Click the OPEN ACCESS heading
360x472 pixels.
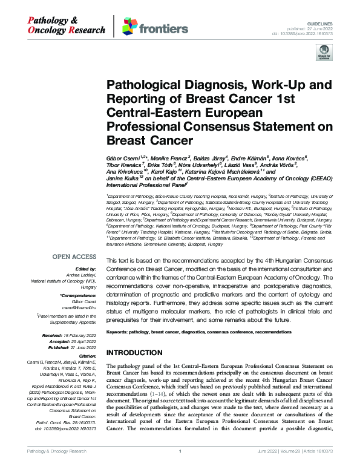(x=74, y=257)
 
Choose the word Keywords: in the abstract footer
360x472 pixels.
(x=120, y=333)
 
